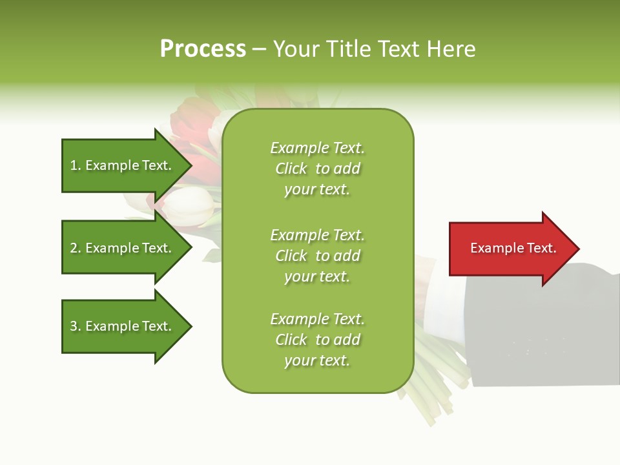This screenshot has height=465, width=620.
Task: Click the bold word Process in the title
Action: tap(203, 49)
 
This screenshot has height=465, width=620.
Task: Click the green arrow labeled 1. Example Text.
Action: tap(123, 165)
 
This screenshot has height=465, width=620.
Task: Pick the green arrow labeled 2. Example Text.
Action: tap(123, 248)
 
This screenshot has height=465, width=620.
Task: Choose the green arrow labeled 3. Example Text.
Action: tap(123, 326)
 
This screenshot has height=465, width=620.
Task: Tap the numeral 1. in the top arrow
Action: tap(76, 165)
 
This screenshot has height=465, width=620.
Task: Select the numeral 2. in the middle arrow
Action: tap(76, 248)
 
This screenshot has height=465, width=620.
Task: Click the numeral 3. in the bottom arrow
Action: tap(76, 326)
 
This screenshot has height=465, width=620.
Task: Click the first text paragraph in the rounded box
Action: tap(317, 169)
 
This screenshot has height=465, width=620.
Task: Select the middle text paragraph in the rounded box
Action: tap(317, 256)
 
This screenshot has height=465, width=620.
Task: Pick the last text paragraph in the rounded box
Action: tap(317, 340)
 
